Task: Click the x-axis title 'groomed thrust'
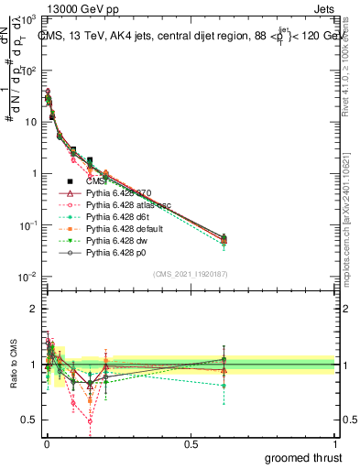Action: point(303,457)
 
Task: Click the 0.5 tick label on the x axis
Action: point(191,444)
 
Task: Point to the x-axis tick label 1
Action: point(336,444)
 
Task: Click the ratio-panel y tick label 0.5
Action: point(28,420)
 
